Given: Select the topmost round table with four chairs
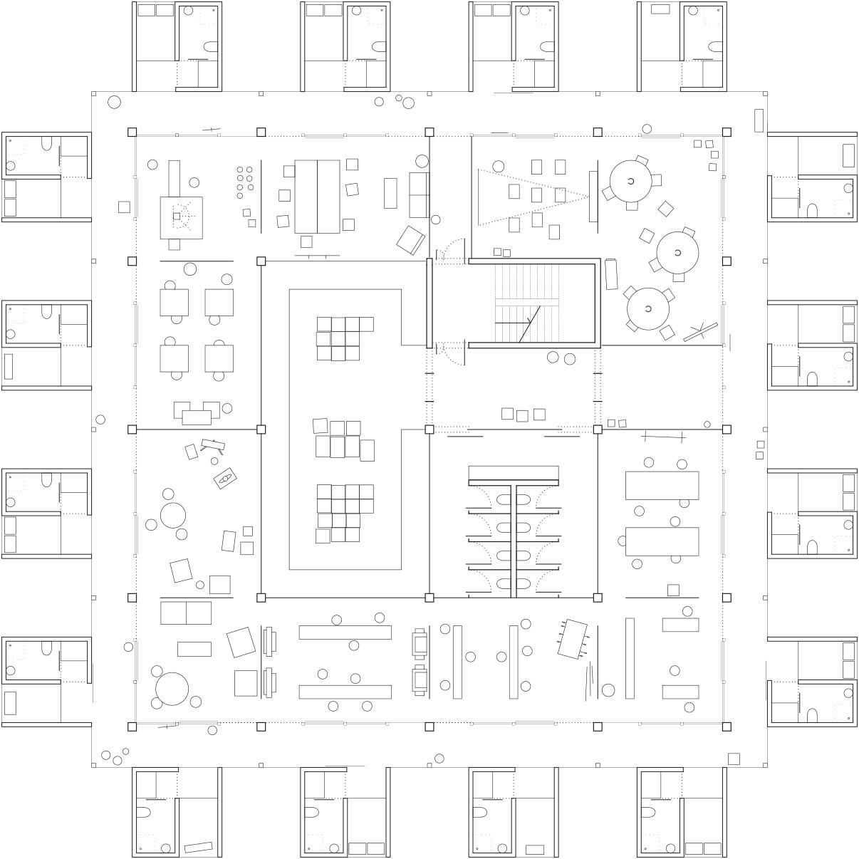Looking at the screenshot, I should [630, 181].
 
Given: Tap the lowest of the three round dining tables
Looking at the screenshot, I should [648, 308].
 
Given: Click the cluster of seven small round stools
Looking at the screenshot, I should [245, 182].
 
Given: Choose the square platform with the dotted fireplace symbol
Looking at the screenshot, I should [181, 217].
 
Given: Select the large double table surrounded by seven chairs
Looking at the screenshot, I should [318, 197].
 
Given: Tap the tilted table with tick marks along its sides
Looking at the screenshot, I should [573, 639].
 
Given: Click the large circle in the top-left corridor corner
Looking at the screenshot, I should [114, 102].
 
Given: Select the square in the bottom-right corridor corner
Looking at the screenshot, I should [734, 759].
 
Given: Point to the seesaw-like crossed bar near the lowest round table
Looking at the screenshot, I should [701, 332].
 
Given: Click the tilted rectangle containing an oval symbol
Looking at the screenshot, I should [225, 479].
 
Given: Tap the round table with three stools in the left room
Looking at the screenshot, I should [173, 515].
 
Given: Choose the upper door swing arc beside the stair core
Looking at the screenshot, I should [449, 251].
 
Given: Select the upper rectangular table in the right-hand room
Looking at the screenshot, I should [662, 485].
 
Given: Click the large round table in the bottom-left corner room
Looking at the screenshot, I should [172, 689].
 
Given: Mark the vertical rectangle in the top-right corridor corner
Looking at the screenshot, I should [759, 120].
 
